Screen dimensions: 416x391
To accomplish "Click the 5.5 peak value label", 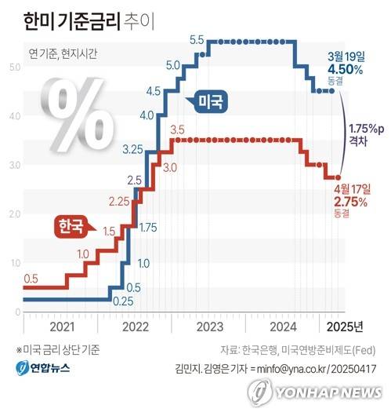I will tap(197, 39).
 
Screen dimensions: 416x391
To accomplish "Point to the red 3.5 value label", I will tap(177, 129).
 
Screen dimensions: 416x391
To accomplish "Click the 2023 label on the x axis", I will tap(210, 326).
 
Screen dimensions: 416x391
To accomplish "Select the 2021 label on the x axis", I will tap(60, 326).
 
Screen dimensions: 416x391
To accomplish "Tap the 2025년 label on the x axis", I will tap(345, 326).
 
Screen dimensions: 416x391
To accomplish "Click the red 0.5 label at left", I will tap(31, 279).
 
